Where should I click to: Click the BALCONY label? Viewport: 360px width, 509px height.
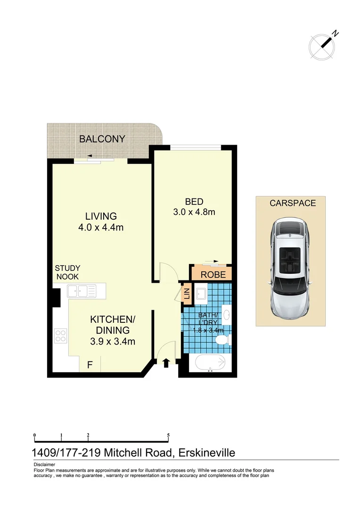(102, 139)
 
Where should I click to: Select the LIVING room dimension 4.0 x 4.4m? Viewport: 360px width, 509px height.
(101, 228)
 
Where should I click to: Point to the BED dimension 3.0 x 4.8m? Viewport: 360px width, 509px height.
(194, 212)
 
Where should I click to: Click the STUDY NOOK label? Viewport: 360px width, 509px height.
(67, 272)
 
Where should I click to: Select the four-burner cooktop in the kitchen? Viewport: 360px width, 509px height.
(61, 336)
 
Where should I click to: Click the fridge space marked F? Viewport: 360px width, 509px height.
(90, 364)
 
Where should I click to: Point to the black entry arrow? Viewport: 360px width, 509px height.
(166, 362)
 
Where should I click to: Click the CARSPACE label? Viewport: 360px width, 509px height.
(293, 203)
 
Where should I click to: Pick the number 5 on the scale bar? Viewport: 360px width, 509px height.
(168, 435)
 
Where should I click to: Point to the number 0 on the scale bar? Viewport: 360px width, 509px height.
(35, 435)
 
